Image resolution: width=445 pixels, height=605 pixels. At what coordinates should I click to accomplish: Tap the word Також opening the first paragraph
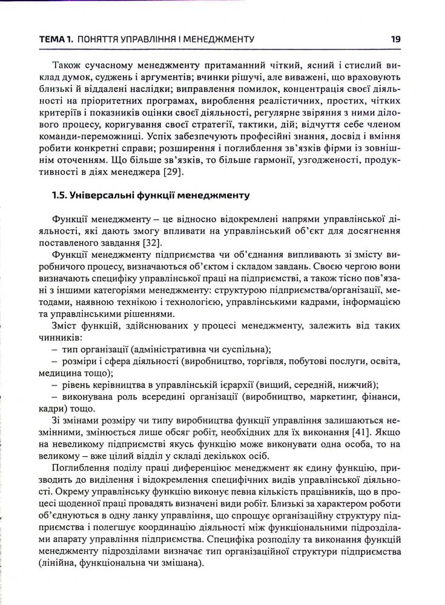point(68,65)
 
